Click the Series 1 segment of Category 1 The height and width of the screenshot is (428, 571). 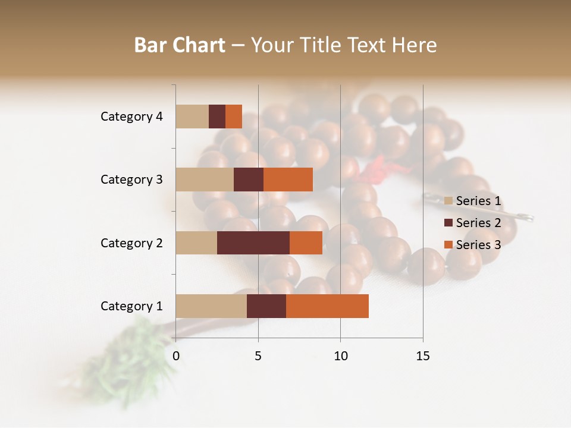(211, 306)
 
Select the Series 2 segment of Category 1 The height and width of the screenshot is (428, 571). (266, 306)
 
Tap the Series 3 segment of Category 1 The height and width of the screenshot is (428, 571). (327, 306)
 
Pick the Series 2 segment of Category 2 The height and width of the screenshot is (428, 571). (253, 243)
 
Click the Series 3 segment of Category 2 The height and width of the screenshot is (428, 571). (306, 243)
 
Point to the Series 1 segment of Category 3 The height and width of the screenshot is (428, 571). (205, 179)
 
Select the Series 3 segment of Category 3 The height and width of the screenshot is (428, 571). (288, 179)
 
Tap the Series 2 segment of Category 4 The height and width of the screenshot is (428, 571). (217, 116)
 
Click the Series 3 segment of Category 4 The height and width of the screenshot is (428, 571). (234, 116)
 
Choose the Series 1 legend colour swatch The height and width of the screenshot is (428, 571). (448, 201)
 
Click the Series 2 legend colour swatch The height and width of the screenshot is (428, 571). (448, 223)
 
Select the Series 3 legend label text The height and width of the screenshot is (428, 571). (478, 245)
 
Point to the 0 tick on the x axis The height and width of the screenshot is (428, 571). (176, 356)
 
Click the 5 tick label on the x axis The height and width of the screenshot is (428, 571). (258, 356)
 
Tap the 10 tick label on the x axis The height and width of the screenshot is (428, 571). (340, 356)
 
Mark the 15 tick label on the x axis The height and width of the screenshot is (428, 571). (422, 356)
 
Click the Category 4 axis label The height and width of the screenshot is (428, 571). (131, 117)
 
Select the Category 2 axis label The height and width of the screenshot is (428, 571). (131, 243)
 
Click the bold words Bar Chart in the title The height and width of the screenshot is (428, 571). (180, 45)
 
